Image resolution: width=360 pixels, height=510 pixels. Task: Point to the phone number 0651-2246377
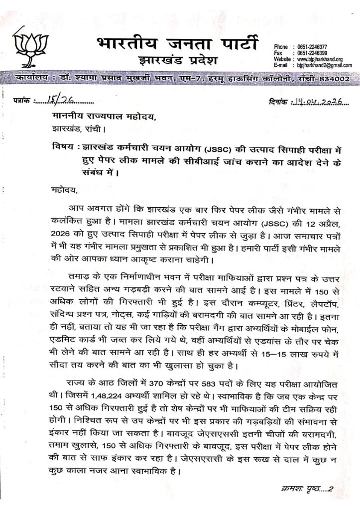coord(312,46)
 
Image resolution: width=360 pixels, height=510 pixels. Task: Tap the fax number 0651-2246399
coord(312,53)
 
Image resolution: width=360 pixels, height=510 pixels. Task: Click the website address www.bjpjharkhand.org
coord(319,59)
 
